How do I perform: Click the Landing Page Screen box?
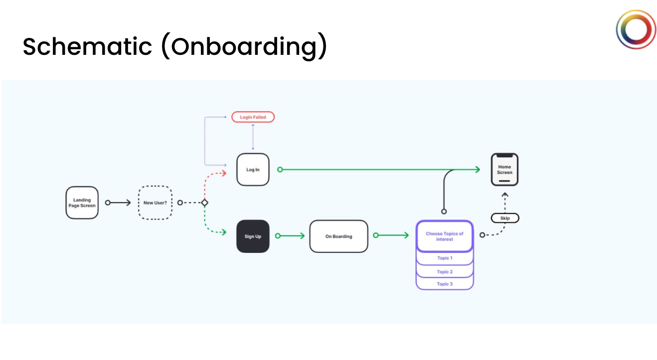pos(82,203)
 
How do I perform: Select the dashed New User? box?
pos(155,203)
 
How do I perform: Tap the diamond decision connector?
pos(204,203)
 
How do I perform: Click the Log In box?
pos(253,170)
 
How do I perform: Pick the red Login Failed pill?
pos(253,117)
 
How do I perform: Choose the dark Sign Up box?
pos(253,236)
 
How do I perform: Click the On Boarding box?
pos(338,236)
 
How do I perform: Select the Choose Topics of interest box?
pos(444,236)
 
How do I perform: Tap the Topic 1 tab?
pos(445,258)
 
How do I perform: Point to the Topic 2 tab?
pos(445,272)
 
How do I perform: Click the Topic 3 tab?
pos(445,284)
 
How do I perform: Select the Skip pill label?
pos(505,218)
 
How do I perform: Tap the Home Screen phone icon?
pos(504,170)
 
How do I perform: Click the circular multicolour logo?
pos(636,29)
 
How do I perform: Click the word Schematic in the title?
pos(87,46)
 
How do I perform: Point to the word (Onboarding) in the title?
pos(244,46)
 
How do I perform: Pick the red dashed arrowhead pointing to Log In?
pos(224,173)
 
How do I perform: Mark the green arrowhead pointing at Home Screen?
pos(477,170)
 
